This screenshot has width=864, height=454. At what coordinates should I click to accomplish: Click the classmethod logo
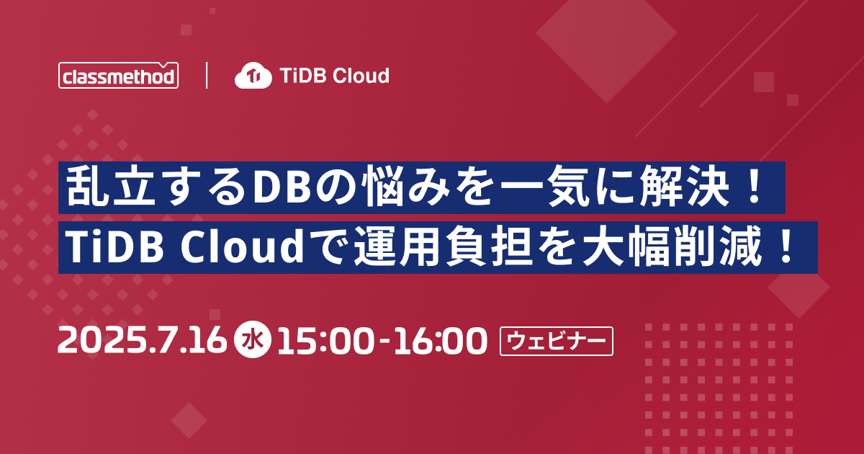118,75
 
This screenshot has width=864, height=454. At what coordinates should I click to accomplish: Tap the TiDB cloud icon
253,75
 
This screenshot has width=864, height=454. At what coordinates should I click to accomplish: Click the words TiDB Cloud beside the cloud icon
334,76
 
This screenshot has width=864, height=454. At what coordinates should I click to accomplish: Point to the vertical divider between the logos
207,75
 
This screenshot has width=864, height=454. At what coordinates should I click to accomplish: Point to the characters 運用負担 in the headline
442,247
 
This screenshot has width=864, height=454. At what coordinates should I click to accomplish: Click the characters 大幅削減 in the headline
672,247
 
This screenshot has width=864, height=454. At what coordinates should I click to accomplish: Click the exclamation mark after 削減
786,246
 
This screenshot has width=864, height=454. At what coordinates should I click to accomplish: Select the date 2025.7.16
142,340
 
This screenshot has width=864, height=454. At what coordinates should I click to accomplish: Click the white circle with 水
253,340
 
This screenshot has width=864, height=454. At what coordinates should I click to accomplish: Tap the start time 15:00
325,340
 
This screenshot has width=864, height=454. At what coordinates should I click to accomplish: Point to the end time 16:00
440,340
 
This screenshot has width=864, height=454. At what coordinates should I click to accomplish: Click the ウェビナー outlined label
556,342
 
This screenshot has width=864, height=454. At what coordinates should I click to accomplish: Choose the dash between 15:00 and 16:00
384,342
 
